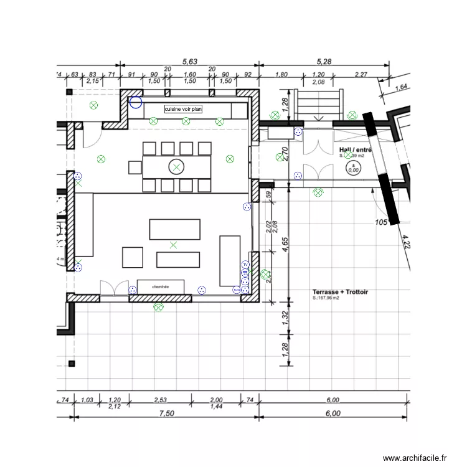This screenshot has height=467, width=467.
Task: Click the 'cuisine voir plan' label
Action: [183, 109]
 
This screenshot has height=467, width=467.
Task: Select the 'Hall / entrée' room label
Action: [356, 150]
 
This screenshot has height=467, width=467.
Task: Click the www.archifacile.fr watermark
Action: [415, 458]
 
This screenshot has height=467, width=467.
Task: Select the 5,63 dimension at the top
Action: [189, 62]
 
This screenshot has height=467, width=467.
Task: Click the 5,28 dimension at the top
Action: [325, 62]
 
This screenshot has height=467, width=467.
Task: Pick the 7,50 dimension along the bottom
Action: [165, 413]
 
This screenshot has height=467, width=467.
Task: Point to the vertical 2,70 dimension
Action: [285, 154]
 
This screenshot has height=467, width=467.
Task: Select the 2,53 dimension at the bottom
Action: [161, 400]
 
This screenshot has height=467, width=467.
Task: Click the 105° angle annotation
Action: [382, 222]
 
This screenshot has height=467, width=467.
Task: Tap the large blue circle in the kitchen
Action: [135, 102]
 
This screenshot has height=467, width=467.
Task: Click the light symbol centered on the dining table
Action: [177, 166]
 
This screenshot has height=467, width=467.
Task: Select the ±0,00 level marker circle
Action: [353, 167]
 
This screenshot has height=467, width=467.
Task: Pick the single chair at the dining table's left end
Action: [135, 166]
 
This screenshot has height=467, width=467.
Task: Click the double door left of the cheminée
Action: [114, 288]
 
